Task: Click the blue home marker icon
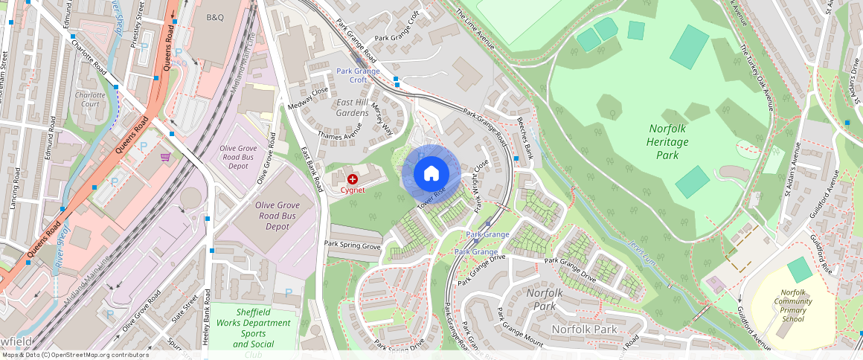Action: pos(431,173)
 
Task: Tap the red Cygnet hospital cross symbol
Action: pos(352,179)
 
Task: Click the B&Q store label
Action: pos(215,16)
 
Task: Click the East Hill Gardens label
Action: pos(352,107)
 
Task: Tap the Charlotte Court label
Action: pos(91,100)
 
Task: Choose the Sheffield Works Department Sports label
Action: pos(253,328)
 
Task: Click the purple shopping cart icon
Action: pos(165,157)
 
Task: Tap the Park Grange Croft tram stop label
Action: pos(358,75)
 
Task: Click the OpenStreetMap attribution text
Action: pos(75,355)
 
